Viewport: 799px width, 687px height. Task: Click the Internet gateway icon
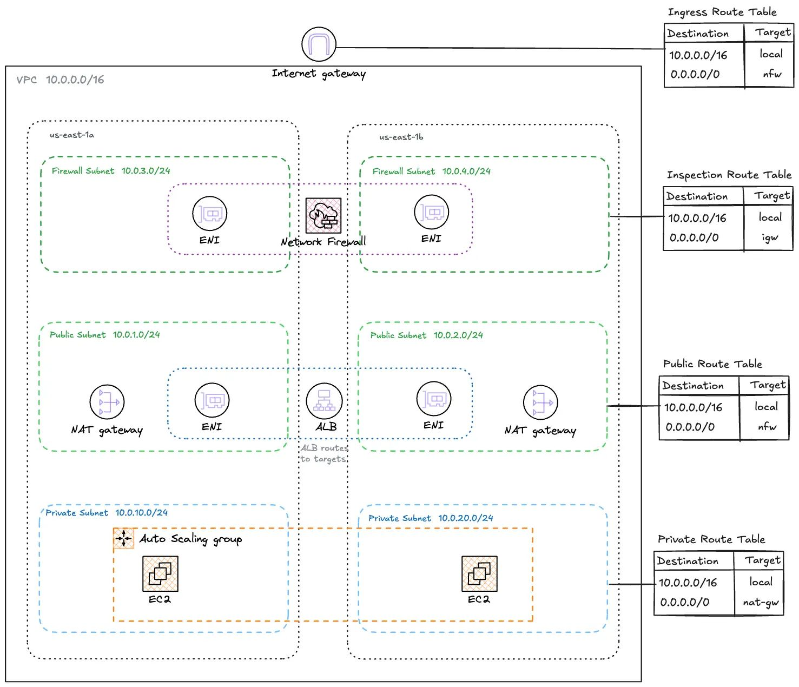click(319, 44)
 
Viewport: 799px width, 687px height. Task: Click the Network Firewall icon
click(323, 215)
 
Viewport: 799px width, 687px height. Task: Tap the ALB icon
click(324, 401)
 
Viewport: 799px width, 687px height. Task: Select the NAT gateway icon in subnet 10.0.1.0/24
click(107, 402)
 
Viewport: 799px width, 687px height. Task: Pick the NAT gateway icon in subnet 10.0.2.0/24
click(540, 403)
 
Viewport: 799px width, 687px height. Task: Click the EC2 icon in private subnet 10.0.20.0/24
click(479, 574)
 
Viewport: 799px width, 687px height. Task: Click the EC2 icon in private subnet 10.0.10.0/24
click(160, 574)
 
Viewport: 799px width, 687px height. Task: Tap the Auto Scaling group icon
click(124, 539)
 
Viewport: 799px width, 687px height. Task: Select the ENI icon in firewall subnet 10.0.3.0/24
click(210, 214)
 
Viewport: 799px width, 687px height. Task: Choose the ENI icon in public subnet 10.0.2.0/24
click(434, 399)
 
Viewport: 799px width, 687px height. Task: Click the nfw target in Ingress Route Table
click(772, 74)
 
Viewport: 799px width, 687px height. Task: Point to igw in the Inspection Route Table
click(769, 237)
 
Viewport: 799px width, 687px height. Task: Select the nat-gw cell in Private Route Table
click(761, 602)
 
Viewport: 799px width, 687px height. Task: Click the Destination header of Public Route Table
click(693, 386)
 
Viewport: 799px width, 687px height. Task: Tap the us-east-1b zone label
click(401, 137)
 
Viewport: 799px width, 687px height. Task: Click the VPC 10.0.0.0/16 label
click(60, 80)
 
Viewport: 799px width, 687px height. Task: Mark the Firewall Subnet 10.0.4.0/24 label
click(431, 171)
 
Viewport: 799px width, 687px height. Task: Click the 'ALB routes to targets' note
click(323, 453)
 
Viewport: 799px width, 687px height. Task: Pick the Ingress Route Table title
click(722, 12)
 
